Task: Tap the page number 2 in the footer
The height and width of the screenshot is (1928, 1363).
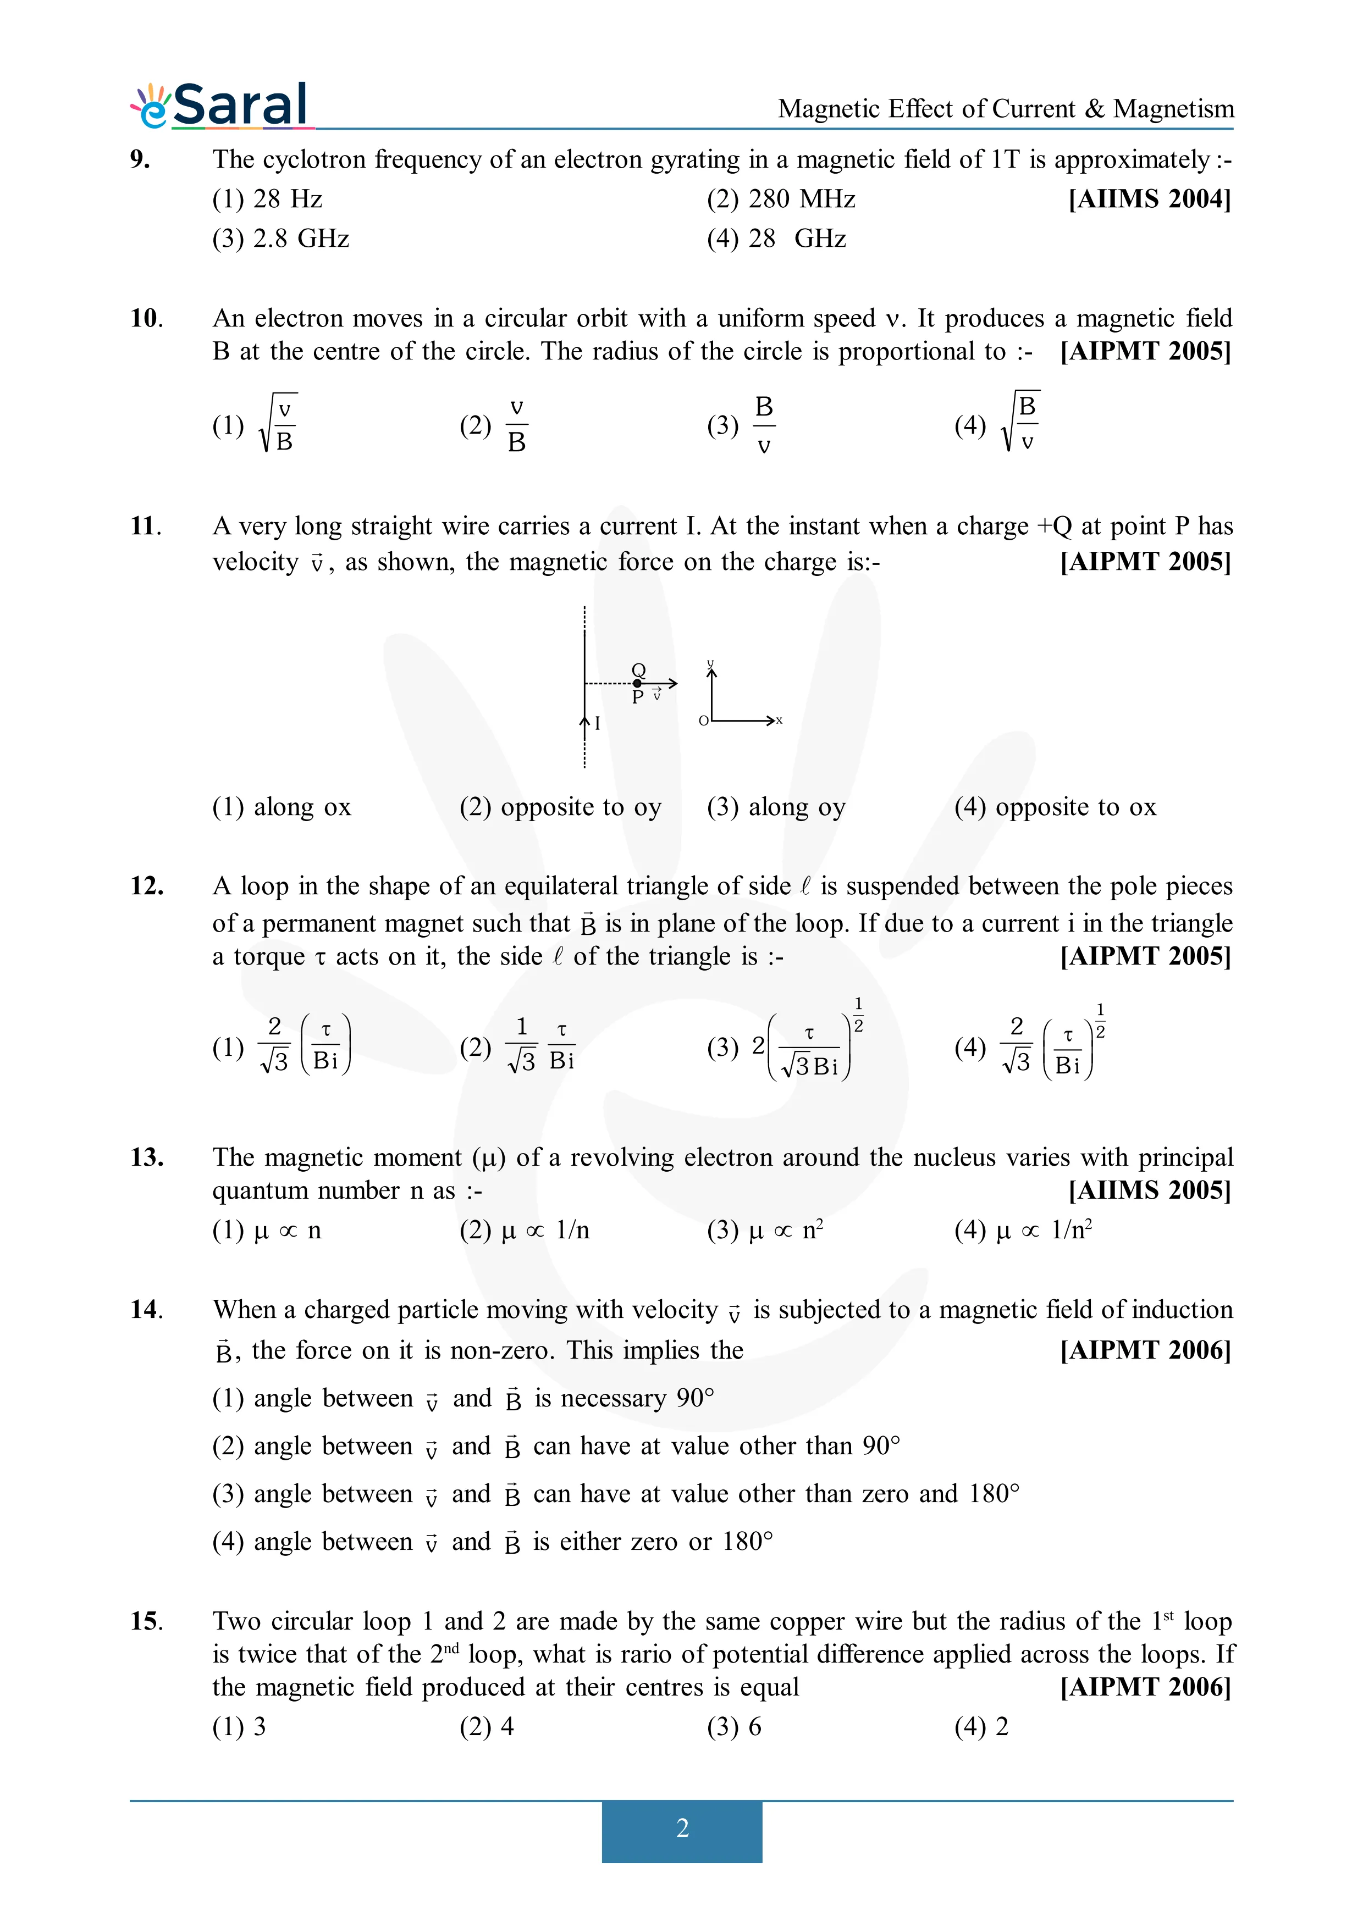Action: [682, 1828]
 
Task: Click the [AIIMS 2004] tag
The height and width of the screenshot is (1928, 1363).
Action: [1149, 200]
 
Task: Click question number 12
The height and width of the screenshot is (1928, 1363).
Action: [146, 887]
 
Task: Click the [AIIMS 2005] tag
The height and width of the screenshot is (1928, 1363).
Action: [1149, 1191]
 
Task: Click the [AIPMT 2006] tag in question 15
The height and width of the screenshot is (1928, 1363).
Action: [1145, 1687]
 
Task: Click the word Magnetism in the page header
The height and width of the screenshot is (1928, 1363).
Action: [1173, 109]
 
